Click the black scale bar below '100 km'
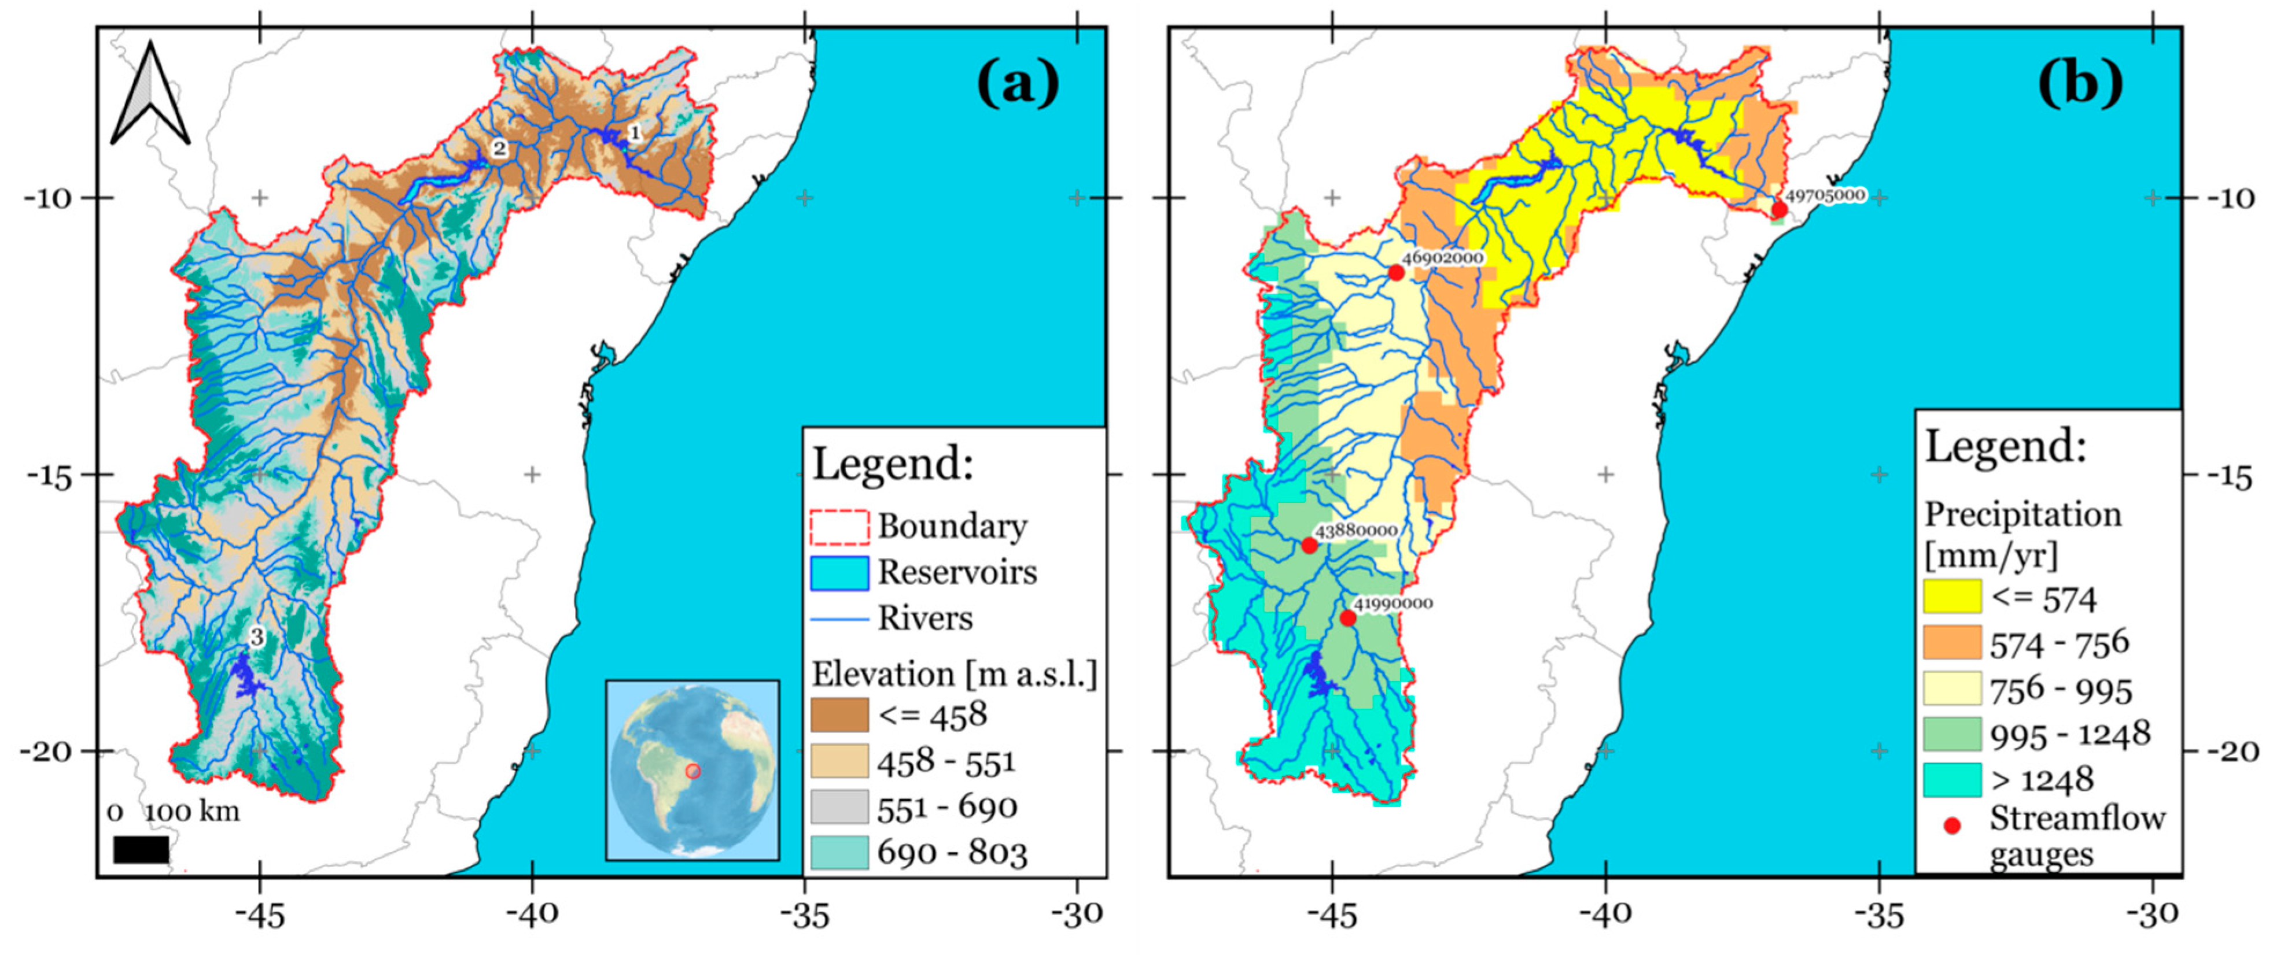(141, 849)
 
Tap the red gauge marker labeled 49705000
(1779, 210)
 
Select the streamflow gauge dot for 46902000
(1396, 272)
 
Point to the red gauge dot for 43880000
(1309, 546)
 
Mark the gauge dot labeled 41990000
(1347, 618)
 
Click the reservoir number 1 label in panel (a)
(633, 133)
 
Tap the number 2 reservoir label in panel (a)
(499, 148)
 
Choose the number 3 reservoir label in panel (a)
(256, 636)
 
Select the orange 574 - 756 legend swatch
(1952, 643)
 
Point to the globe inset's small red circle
(694, 772)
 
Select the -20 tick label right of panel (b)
(2233, 752)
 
